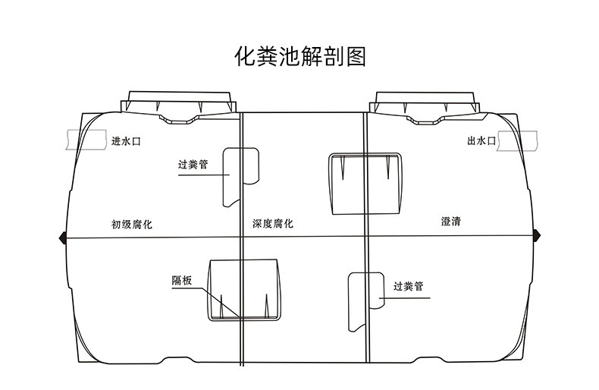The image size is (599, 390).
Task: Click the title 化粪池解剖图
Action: point(300,58)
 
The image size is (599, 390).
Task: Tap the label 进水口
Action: point(127,141)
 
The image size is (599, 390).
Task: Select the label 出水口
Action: point(481,141)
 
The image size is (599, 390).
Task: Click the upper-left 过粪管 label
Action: point(193,164)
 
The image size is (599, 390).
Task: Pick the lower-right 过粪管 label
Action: point(408,287)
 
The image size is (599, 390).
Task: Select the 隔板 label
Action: point(182,280)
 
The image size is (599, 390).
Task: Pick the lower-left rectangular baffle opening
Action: point(242,289)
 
